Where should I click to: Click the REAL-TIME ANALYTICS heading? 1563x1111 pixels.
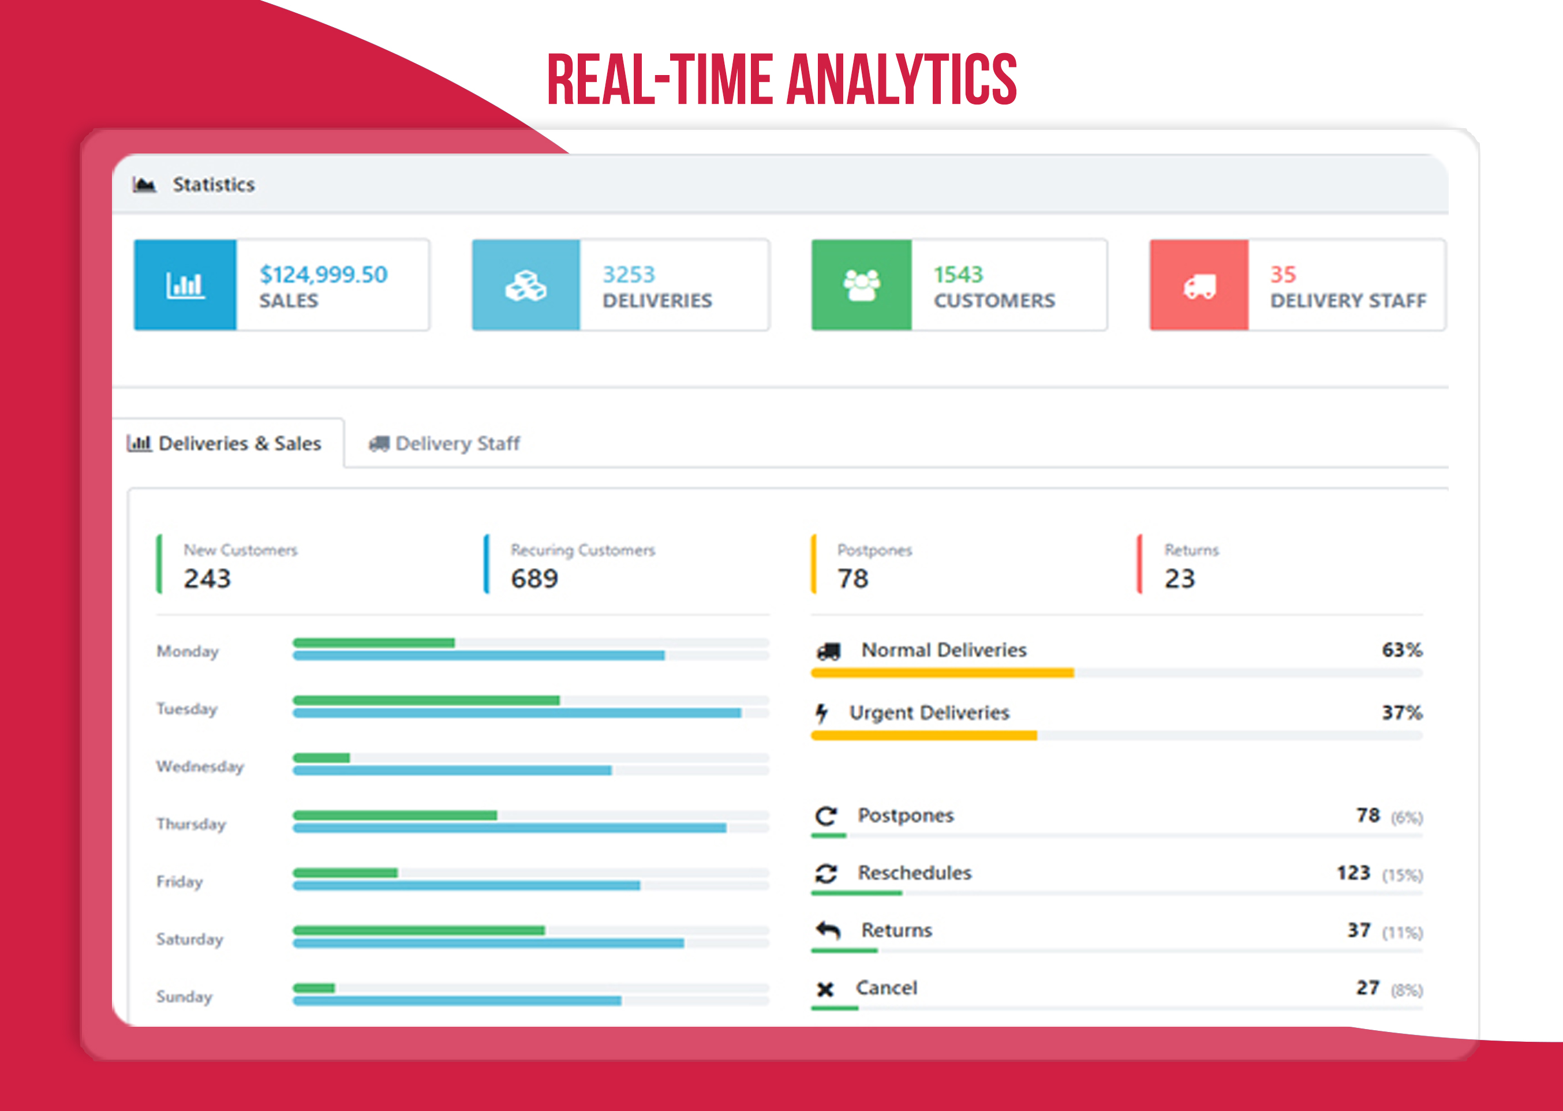pos(782,80)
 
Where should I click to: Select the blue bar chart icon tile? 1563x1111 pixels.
pos(185,285)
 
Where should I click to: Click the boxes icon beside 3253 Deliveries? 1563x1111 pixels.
pos(525,285)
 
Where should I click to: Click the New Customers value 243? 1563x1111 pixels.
pos(207,579)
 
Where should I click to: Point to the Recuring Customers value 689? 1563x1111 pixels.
pos(534,579)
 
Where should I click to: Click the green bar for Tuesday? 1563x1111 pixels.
pos(425,700)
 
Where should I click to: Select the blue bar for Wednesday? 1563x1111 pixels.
pos(451,770)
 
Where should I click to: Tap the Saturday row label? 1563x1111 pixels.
pos(189,938)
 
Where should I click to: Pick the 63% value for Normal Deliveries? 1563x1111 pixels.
pos(1401,650)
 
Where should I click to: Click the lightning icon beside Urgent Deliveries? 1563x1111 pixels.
pos(821,713)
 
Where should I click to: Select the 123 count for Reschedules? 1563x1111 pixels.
pos(1353,873)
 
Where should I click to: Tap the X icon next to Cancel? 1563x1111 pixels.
pos(825,989)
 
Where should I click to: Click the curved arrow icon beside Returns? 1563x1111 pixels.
pos(828,930)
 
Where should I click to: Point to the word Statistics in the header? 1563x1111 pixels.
pos(214,185)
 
